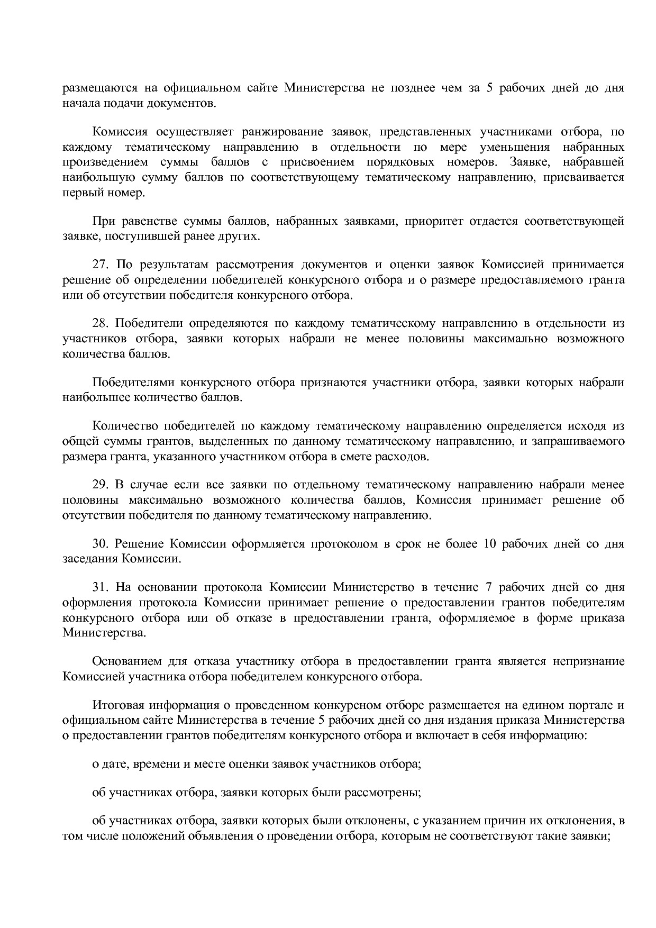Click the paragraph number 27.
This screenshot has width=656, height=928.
(100, 265)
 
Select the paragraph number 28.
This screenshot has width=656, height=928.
(100, 323)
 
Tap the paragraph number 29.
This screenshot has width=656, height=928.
(100, 485)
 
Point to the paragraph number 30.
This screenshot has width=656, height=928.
(100, 544)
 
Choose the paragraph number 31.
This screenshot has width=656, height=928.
(100, 587)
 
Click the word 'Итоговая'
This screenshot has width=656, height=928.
(116, 705)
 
